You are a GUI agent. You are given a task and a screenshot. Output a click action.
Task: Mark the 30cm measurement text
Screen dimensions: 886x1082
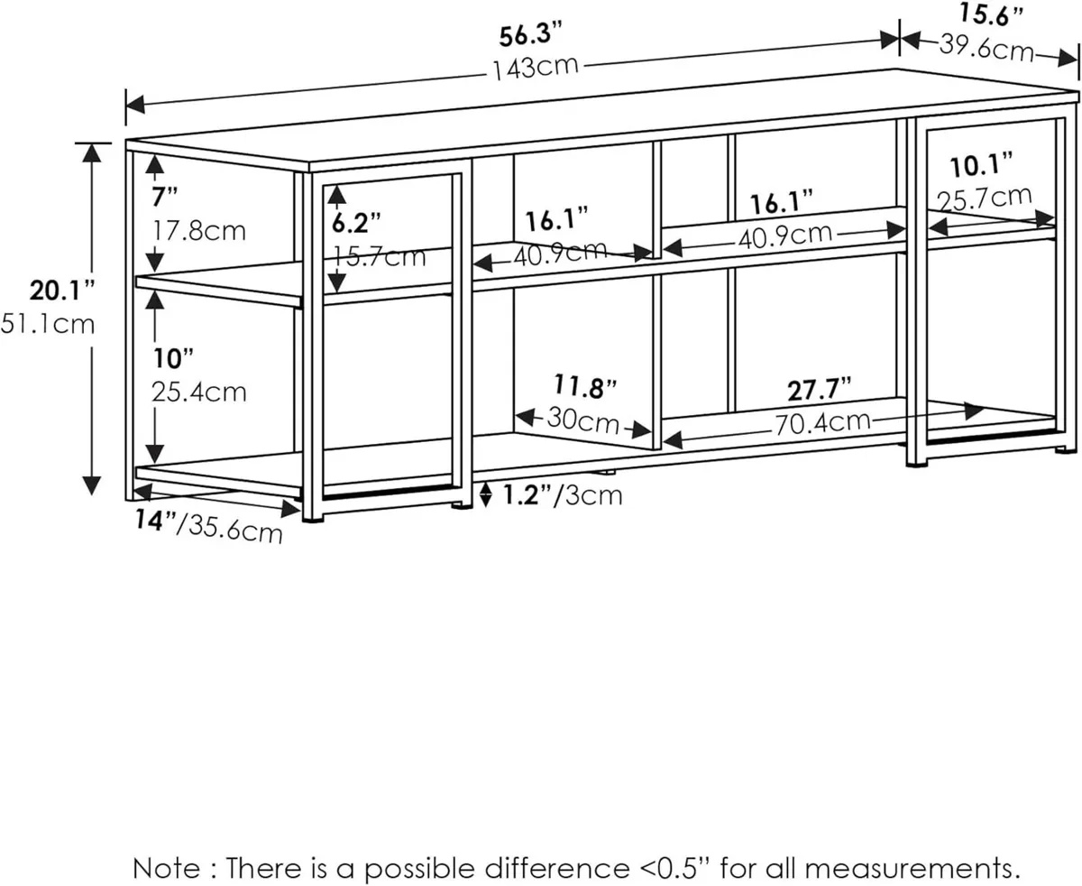582,420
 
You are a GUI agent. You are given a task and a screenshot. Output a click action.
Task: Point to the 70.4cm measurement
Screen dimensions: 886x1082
822,420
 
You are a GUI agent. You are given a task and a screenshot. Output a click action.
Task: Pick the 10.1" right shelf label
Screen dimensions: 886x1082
981,165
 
